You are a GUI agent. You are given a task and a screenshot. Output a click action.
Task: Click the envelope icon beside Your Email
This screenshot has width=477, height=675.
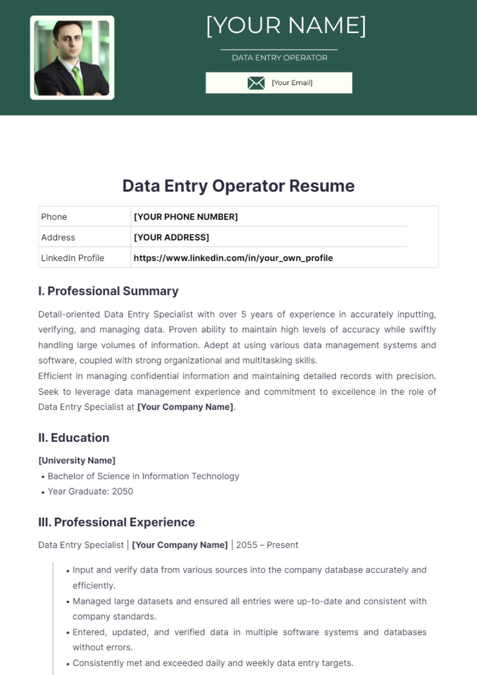point(256,83)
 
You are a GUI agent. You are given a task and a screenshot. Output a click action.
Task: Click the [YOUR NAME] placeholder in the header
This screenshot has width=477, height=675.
point(286,26)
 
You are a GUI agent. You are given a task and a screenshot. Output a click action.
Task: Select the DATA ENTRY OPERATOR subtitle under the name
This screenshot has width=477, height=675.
point(279,58)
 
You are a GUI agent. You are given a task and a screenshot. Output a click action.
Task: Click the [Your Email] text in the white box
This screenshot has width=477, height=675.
point(292,83)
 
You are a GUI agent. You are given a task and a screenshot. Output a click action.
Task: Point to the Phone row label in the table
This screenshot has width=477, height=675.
point(54,217)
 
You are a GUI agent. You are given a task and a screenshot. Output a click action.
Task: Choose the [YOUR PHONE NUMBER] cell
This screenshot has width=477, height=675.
point(186,217)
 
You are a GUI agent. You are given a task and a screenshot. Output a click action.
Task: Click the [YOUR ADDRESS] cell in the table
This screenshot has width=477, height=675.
point(171,237)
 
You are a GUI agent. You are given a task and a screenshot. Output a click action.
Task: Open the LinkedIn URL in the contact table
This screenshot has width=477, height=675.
point(233,258)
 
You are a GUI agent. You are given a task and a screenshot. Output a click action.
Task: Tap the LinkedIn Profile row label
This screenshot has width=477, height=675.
point(73,258)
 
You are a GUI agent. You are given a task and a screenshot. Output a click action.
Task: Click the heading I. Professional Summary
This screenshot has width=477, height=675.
point(108,291)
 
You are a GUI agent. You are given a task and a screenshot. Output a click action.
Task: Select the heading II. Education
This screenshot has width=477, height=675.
point(74,438)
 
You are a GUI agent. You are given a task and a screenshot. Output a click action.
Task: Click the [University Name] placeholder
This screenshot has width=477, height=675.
point(77,461)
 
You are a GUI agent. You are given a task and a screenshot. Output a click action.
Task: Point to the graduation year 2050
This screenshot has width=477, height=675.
point(122,492)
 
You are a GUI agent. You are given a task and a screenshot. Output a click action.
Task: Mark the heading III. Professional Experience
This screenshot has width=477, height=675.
point(116,522)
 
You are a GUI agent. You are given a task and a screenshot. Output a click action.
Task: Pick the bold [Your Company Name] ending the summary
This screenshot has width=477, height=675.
point(185,407)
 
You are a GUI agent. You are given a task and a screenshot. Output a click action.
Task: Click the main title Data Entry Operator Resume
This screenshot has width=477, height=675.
point(238,186)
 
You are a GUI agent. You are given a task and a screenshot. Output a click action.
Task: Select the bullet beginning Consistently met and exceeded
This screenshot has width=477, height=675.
point(213,663)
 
